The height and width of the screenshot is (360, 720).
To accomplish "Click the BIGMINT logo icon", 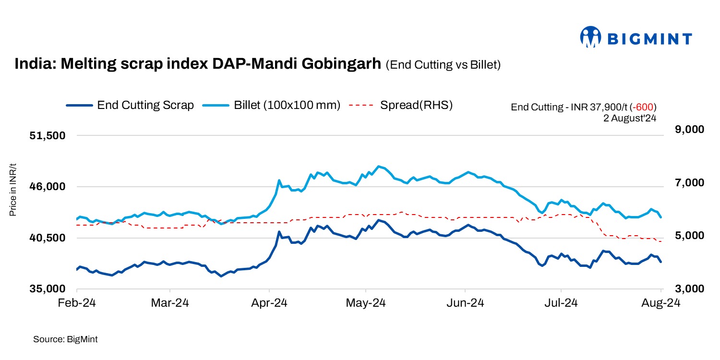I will coord(591,37).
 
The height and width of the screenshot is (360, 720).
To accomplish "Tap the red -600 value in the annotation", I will coord(644,107).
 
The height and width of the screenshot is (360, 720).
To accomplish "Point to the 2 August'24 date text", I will coord(630,117).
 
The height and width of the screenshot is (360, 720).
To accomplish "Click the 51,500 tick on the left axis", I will coord(47,136).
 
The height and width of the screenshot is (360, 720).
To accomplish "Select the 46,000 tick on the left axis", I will coord(47,187).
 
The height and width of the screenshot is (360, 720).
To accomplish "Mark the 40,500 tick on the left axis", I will coord(47,238).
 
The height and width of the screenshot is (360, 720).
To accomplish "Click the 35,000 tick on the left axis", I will coord(47,289).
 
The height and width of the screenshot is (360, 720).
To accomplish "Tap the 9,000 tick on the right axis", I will coord(679,130).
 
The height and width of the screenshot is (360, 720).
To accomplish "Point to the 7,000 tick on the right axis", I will coord(679,183).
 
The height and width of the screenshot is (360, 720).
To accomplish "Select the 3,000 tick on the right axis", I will coord(679,289).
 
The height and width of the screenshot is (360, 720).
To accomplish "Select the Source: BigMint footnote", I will coord(65,339).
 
